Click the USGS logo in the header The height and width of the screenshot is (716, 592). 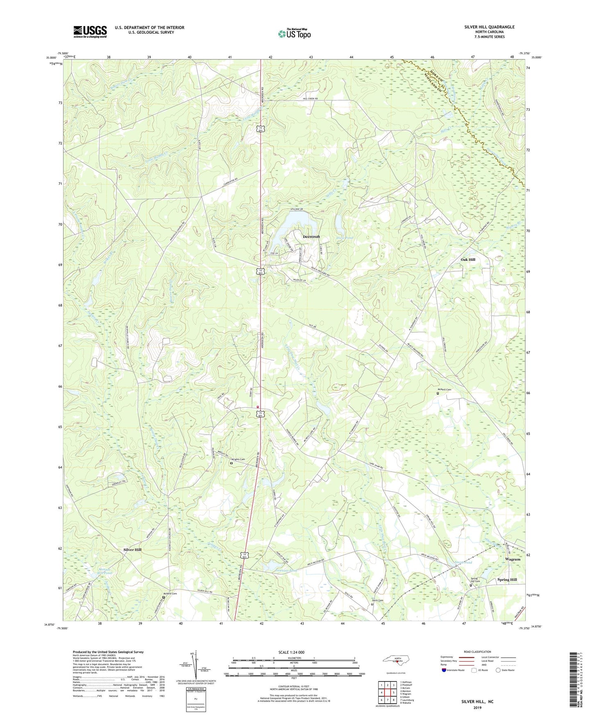coord(90,32)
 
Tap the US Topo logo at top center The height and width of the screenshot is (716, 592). coord(294,33)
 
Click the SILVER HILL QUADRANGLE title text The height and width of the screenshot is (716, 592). coord(489,27)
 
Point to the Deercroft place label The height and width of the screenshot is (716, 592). coord(311,237)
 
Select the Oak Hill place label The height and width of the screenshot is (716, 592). coord(468,260)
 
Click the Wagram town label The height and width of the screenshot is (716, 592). coord(513,559)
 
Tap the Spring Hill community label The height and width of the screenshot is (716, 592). coord(507,579)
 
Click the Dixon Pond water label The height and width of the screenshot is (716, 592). coord(345,238)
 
